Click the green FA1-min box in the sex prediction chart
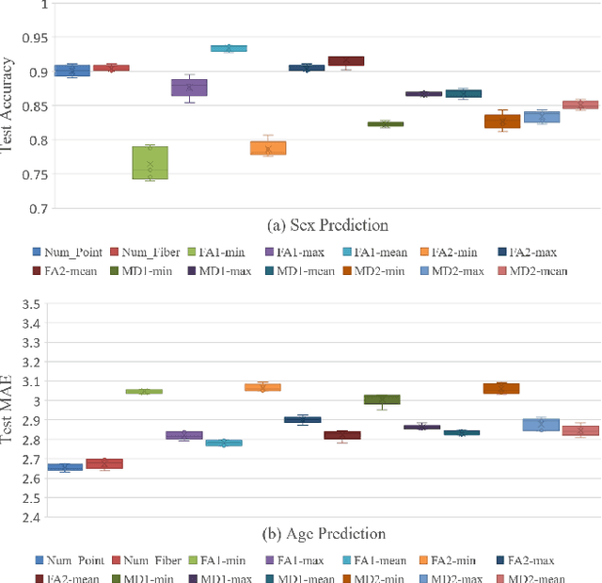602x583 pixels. tap(150, 162)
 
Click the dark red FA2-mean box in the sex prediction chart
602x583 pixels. tap(346, 61)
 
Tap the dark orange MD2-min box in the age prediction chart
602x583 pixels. tap(501, 388)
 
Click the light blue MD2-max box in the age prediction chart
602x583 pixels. tap(541, 425)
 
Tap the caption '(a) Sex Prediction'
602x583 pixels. tap(329, 225)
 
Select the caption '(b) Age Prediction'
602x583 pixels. tap(326, 533)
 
